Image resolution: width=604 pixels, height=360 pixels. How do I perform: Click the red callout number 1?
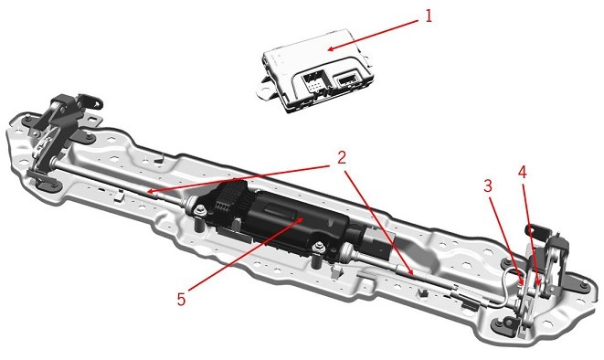[x=428, y=16]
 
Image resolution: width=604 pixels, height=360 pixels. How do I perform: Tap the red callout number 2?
[x=341, y=158]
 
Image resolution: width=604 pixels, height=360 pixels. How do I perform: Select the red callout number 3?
[x=488, y=186]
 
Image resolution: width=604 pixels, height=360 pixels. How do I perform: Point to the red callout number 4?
[x=522, y=173]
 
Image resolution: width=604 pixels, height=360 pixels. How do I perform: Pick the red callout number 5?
[x=182, y=299]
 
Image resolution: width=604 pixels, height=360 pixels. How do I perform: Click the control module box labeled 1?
[x=315, y=70]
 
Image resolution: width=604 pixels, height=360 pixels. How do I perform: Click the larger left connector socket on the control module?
[x=314, y=82]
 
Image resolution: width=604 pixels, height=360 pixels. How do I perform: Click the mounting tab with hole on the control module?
[x=266, y=91]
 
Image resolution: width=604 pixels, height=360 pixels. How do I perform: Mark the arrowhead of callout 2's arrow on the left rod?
[x=151, y=191]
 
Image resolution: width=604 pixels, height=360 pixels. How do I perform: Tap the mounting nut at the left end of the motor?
[x=199, y=211]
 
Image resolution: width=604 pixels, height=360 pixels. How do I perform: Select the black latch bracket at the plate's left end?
[x=61, y=131]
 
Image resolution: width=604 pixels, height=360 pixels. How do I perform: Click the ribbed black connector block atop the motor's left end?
[x=228, y=197]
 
